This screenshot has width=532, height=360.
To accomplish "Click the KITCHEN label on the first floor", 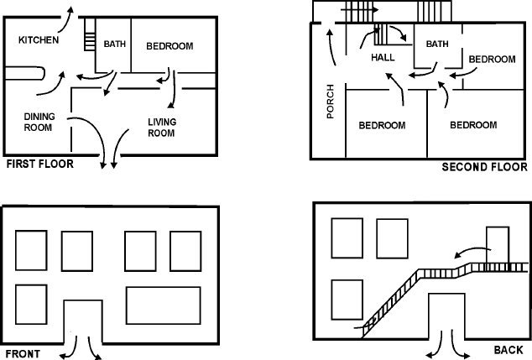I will coord(39,40).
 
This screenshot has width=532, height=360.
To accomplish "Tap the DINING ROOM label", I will coord(38,122).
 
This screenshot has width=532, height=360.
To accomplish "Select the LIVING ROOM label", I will coord(161,128).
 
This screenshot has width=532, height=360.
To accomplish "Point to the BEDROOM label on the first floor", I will coord(170,46).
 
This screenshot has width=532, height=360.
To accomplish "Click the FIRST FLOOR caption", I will coord(39,164).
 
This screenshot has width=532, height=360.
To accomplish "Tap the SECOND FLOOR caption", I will coord(484,168).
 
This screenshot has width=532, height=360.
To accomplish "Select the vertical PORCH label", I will coord(330,101).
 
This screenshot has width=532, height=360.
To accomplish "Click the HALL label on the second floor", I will coord(383,58).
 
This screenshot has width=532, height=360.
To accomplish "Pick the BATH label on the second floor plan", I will coord(437,44).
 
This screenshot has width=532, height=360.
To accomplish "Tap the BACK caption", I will coord(509,348).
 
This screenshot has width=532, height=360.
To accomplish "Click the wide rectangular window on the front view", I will coord(163,305).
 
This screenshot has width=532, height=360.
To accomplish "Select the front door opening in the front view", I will coord(82,321).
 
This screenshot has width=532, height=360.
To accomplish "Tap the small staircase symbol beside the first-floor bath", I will coord(88,40).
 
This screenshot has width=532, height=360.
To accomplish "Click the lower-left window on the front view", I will coord(31,305).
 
